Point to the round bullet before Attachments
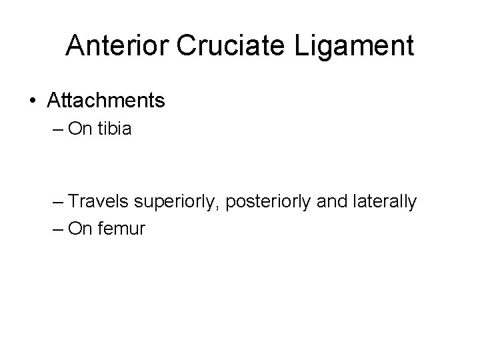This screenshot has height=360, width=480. click(x=33, y=101)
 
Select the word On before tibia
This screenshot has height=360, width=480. click(x=80, y=129)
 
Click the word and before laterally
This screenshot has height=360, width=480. click(x=327, y=202)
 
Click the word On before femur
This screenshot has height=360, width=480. click(x=80, y=230)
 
